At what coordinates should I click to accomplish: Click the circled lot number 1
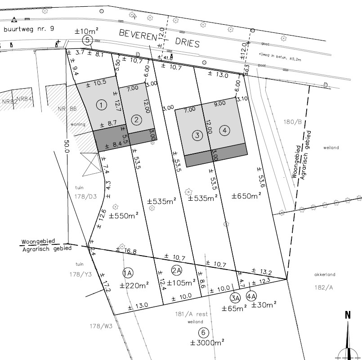102,105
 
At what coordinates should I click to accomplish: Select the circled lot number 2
136,120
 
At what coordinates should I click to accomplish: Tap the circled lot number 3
197,135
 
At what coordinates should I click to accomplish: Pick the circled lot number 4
224,130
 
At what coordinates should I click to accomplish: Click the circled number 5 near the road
88,40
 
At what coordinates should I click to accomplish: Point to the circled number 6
204,333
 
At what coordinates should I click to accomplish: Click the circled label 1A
127,273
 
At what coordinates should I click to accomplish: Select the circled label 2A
176,270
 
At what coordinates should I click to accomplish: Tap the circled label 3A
235,297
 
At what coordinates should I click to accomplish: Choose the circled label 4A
251,297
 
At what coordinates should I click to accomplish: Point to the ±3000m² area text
207,343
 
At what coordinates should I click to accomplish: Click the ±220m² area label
134,285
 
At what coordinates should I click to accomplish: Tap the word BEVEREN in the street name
137,36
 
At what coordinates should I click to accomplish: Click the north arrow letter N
347,315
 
